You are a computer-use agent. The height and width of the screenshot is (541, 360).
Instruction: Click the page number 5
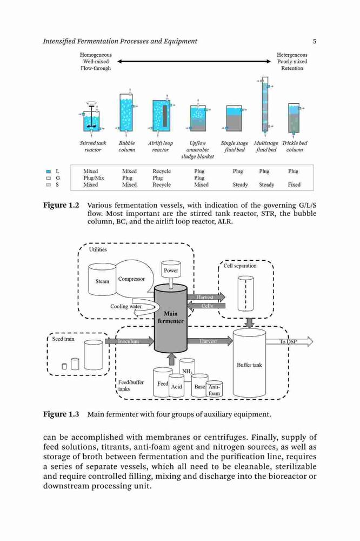(x=315, y=42)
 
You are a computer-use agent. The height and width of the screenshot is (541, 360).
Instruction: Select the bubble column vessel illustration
(x=126, y=111)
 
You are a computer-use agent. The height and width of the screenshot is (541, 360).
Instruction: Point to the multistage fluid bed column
(x=264, y=104)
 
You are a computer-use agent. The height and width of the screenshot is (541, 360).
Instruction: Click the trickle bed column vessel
(x=294, y=118)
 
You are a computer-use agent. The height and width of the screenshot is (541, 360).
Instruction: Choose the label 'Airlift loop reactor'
(x=161, y=146)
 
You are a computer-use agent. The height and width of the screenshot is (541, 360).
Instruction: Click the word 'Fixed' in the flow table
(x=294, y=184)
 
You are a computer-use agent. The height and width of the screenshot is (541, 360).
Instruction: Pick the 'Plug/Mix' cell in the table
(x=94, y=178)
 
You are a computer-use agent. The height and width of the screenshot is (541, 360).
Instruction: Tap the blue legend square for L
(x=49, y=171)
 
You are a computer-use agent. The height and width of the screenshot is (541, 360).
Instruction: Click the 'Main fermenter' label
(x=171, y=317)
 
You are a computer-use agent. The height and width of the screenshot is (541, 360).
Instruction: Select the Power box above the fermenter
(x=171, y=269)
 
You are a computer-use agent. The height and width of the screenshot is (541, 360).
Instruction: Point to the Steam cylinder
(x=102, y=279)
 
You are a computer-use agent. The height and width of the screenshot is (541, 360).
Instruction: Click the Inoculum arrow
(x=129, y=341)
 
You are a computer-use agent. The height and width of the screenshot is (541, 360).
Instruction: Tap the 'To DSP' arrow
(x=289, y=341)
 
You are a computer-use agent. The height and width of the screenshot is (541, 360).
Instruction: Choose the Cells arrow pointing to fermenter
(x=206, y=306)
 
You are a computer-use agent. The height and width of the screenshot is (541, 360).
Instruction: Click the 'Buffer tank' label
(x=249, y=365)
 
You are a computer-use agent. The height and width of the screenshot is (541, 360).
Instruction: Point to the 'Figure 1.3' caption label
(x=61, y=414)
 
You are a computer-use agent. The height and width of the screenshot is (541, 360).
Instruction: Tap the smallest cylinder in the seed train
(x=64, y=366)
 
